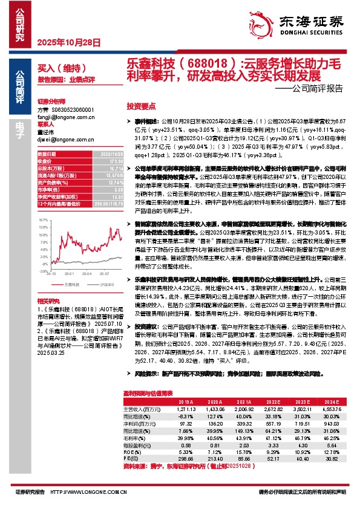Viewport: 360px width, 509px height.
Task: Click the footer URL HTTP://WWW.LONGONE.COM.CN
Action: (x=90, y=493)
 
